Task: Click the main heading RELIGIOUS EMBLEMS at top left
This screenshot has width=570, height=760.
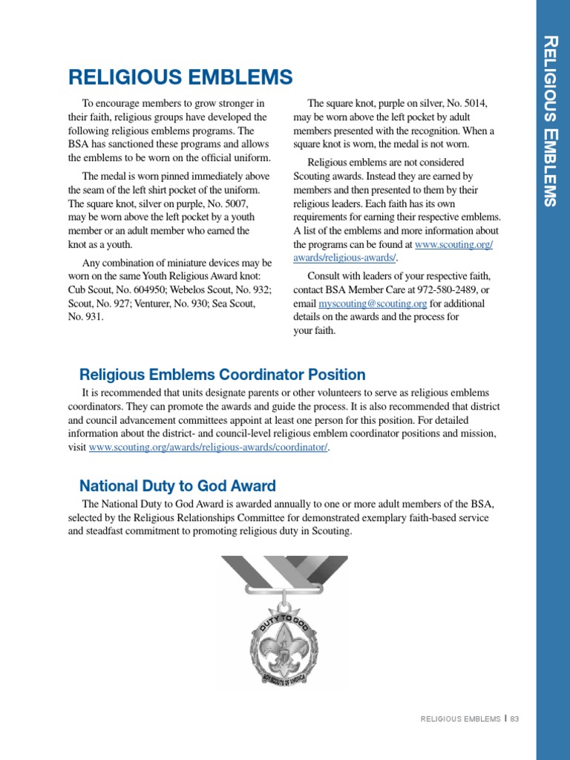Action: tap(180, 77)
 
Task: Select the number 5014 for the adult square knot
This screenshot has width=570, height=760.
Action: tap(475, 104)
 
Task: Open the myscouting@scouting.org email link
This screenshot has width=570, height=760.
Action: tap(373, 304)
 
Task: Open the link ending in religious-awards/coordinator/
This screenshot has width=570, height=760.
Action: tap(209, 448)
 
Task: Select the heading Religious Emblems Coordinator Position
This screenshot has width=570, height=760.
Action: tap(222, 375)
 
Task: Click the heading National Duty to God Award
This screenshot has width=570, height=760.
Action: tap(177, 486)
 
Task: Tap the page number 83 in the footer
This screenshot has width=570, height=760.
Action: tap(514, 719)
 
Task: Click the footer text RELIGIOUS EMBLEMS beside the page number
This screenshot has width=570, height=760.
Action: tap(460, 719)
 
